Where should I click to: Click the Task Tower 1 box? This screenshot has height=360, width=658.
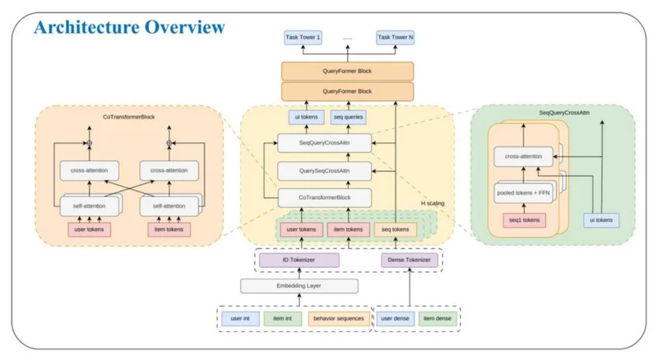point(303,37)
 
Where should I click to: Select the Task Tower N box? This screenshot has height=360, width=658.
point(396,37)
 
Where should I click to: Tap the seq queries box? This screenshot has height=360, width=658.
point(348,117)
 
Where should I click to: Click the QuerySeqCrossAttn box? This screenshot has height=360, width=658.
point(324,171)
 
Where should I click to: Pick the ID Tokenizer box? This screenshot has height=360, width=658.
point(299,261)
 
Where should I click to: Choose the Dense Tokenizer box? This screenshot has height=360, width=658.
point(409,261)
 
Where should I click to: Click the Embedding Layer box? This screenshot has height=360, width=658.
point(299,286)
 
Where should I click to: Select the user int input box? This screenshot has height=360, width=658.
point(240,319)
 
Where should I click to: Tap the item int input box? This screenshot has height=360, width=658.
point(282,319)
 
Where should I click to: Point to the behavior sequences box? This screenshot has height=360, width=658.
point(339,319)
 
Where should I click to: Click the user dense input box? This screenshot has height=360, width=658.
point(396,319)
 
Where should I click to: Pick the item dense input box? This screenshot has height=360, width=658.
point(438,319)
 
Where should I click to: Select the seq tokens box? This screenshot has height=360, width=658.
point(396,229)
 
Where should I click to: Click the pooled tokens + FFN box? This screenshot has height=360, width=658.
point(523,193)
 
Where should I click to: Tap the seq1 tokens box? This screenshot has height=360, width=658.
point(524,220)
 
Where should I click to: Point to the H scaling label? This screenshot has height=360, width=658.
point(433,204)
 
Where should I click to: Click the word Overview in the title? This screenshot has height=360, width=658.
point(185,27)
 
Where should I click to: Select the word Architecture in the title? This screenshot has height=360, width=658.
point(87,27)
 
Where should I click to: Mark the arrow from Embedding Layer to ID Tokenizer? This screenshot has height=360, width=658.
point(299,273)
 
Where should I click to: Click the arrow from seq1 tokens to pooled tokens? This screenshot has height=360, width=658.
point(524,208)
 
